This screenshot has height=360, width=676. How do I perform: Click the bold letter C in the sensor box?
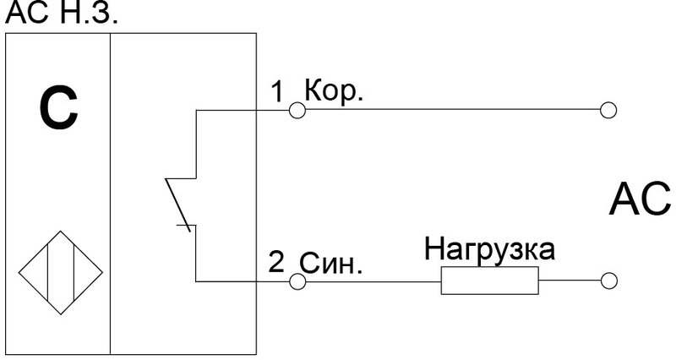coord(57,112)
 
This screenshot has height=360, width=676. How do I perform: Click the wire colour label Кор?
coord(334,92)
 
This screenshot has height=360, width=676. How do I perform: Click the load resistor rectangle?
coord(489,281)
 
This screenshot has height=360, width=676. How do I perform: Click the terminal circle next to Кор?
coord(296,110)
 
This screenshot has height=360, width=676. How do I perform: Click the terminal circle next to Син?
coord(296,281)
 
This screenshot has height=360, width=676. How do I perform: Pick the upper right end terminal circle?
coord(607,110)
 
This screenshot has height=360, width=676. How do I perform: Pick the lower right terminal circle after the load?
coord(607,281)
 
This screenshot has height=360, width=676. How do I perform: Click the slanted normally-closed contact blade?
coord(179,203)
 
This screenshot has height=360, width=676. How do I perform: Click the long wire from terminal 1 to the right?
coord(448,110)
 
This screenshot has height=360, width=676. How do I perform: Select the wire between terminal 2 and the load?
coord(372,281)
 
